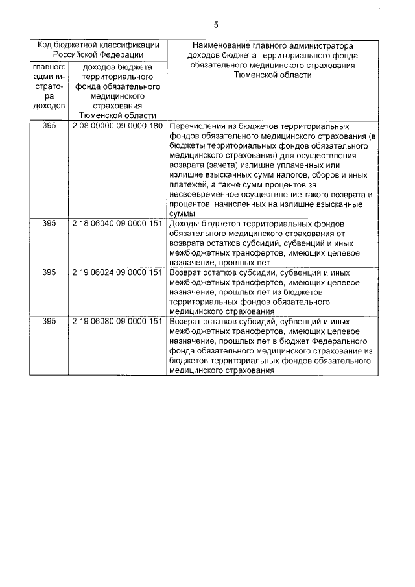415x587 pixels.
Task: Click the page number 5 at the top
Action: click(x=216, y=25)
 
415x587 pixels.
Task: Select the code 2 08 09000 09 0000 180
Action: click(x=117, y=126)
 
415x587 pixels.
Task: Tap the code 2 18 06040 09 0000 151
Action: click(x=117, y=223)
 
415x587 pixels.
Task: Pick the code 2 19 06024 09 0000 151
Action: click(x=117, y=272)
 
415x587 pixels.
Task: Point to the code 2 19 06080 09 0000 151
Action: click(x=117, y=322)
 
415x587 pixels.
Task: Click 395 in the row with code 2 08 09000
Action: click(x=49, y=126)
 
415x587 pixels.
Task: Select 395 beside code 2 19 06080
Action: click(x=49, y=322)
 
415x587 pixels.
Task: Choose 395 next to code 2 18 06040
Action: click(x=49, y=223)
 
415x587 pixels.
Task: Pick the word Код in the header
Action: click(x=45, y=45)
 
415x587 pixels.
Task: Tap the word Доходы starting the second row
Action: click(x=184, y=223)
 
